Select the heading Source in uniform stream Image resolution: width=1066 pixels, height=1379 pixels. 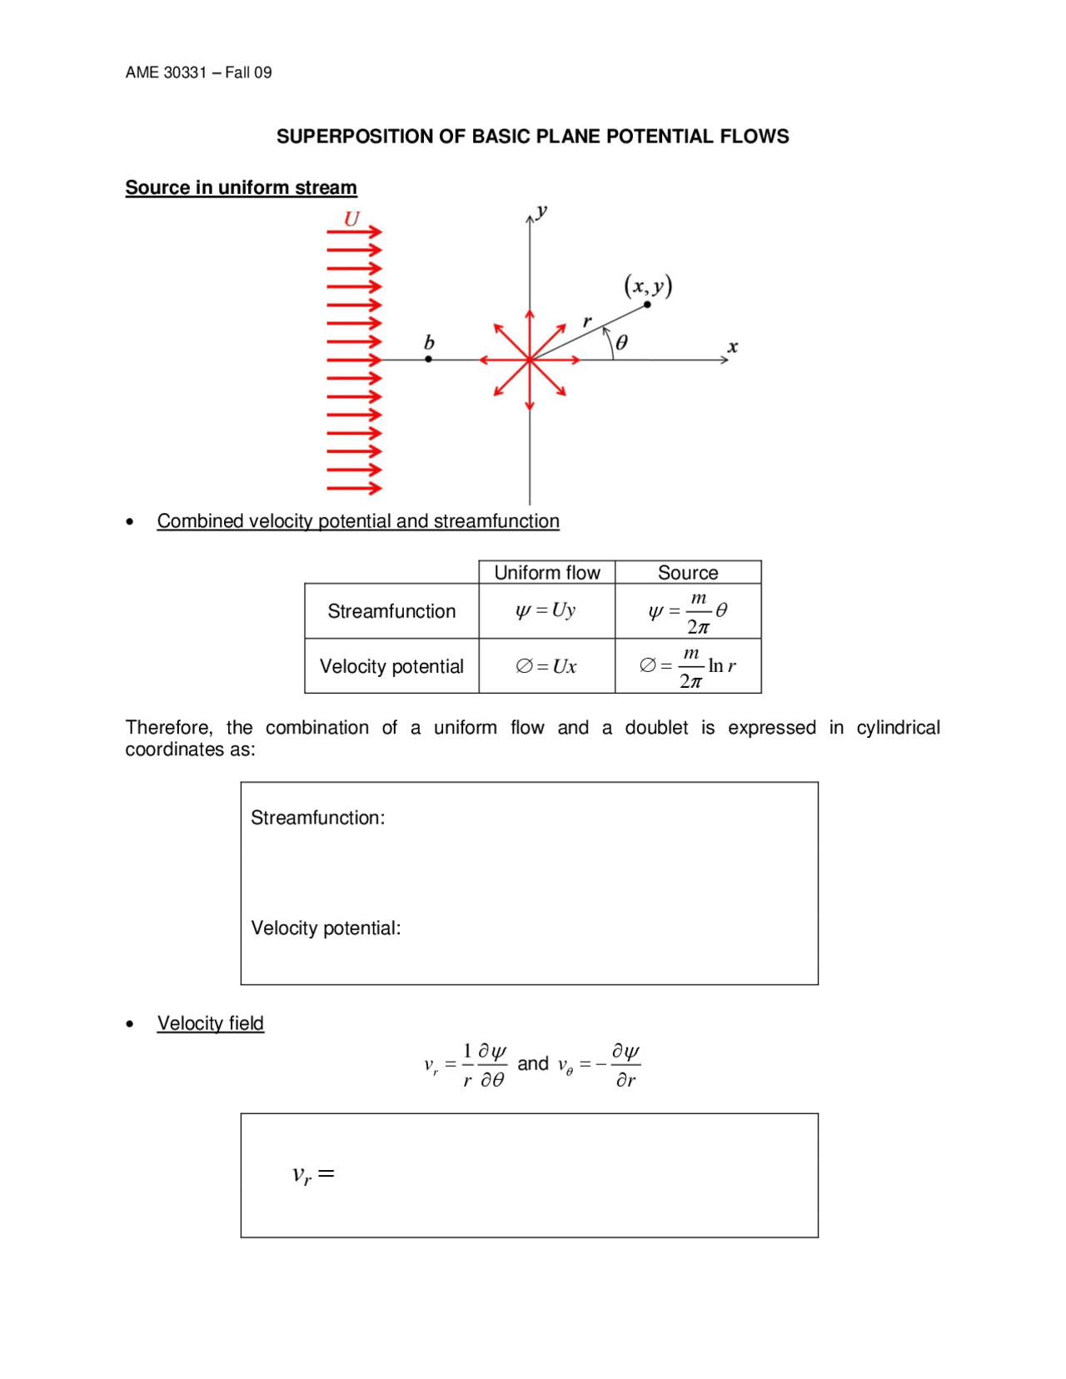(241, 187)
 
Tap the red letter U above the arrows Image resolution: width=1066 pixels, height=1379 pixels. (351, 219)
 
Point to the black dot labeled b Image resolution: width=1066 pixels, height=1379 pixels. (428, 359)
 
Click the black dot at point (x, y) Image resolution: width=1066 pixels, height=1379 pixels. (647, 305)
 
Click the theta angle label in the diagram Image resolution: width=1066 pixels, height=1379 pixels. (621, 342)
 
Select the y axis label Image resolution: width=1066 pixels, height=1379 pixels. (542, 211)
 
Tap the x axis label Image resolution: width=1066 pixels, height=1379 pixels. (732, 346)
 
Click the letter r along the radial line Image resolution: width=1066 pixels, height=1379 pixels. (587, 321)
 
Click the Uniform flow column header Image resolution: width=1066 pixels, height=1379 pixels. (546, 573)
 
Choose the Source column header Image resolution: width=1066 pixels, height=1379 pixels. (687, 573)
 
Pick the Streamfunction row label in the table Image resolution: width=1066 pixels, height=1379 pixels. (391, 611)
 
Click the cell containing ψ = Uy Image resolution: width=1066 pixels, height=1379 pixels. (546, 611)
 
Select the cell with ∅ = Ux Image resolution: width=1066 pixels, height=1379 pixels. (546, 666)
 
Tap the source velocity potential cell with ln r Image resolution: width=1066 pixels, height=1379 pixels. (687, 666)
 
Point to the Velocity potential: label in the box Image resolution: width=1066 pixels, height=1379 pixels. (326, 928)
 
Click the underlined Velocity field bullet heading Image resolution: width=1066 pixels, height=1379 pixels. (210, 1023)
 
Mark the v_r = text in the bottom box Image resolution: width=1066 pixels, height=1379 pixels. (313, 1174)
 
